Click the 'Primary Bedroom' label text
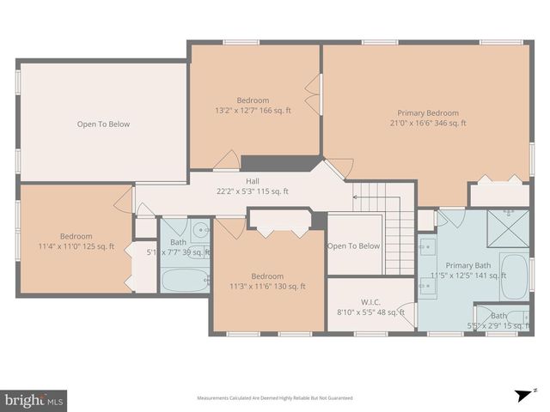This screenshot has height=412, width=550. click(427, 112)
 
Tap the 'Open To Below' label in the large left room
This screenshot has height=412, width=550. click(103, 124)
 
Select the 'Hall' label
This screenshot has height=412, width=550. click(253, 181)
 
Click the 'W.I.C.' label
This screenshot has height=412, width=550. click(370, 301)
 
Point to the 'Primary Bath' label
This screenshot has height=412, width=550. click(469, 265)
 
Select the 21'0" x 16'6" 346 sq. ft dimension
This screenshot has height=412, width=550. click(427, 124)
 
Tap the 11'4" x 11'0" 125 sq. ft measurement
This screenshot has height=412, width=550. click(76, 247)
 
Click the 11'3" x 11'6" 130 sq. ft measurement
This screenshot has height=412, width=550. click(267, 287)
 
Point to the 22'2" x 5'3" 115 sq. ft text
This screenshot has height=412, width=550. click(253, 192)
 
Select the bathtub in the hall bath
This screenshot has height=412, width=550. click(184, 280)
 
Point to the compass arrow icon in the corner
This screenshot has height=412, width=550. click(521, 396)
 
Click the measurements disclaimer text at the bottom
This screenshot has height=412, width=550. click(275, 398)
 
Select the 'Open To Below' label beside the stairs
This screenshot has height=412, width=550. click(353, 246)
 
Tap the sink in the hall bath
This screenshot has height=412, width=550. click(199, 230)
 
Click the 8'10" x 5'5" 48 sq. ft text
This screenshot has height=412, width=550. click(370, 312)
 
